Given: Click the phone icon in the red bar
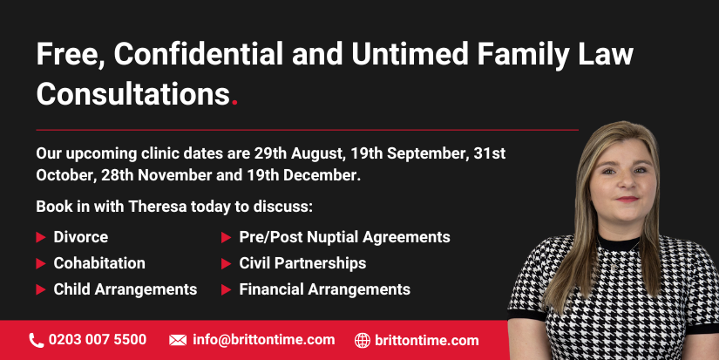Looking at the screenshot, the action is [x=37, y=340].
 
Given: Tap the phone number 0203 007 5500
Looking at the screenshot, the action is [x=98, y=340].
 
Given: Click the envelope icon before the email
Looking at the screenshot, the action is [x=178, y=340].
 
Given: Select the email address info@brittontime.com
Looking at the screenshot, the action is [x=264, y=340].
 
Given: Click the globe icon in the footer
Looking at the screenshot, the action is [x=363, y=340].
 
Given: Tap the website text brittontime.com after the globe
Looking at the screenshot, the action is [x=427, y=340].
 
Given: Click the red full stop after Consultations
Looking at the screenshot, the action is [x=234, y=103].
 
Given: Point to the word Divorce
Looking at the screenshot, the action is [x=81, y=237].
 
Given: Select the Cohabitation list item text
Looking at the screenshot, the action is [x=99, y=263].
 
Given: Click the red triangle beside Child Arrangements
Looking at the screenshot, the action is [x=41, y=290].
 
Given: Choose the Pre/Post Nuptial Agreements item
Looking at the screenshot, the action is [x=345, y=237].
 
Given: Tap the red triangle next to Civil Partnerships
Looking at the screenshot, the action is [x=226, y=264].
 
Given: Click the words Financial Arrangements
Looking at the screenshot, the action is [x=325, y=289].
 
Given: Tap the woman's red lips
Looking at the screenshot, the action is [x=627, y=200].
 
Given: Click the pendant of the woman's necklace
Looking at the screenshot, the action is [x=615, y=266].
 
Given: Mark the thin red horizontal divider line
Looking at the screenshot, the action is [x=308, y=130].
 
